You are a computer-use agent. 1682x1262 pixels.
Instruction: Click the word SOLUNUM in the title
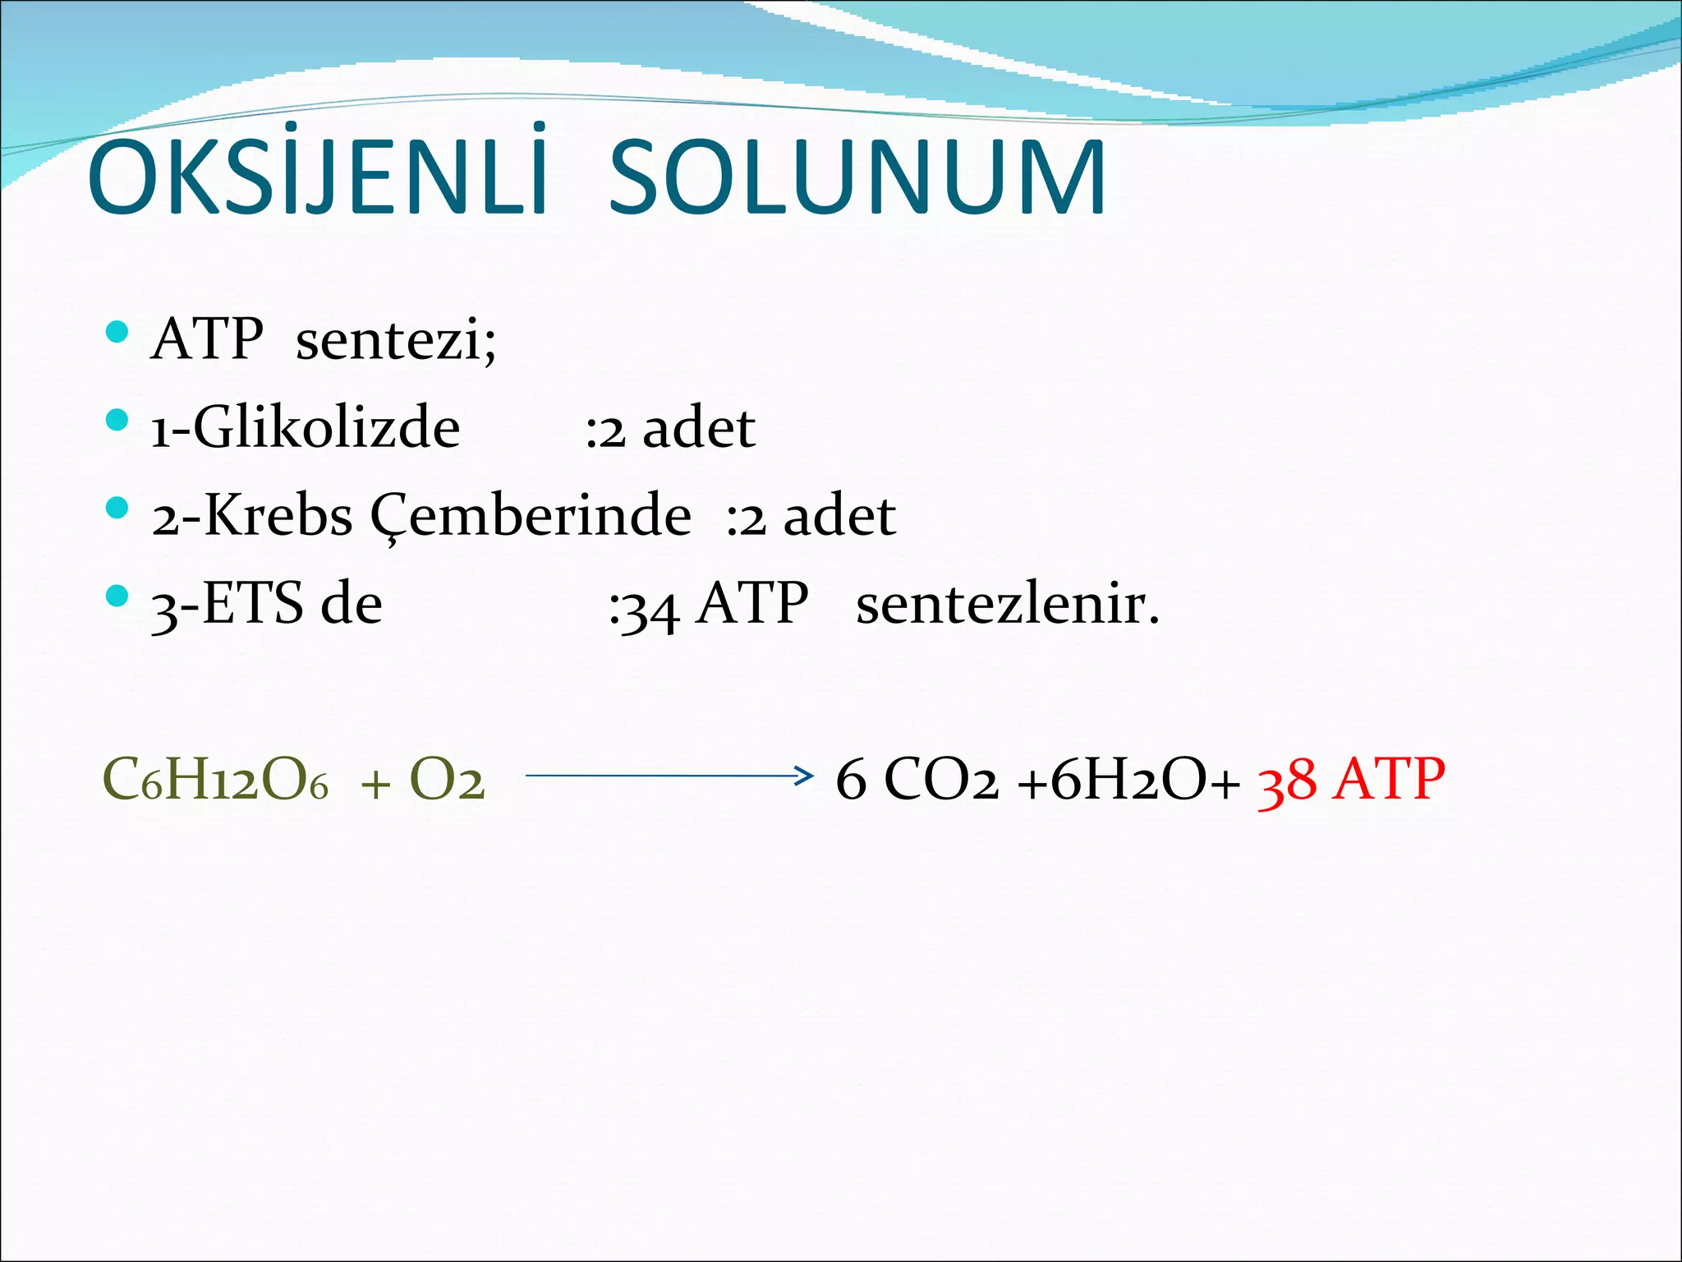point(857,178)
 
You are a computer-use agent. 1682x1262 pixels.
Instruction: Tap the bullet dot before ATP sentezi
point(118,332)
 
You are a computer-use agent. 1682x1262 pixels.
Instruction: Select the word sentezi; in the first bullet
point(396,340)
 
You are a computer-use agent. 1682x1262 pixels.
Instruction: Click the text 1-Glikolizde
point(306,428)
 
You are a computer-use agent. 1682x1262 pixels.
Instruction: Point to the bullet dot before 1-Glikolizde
point(118,421)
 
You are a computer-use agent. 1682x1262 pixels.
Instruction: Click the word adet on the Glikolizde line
point(699,428)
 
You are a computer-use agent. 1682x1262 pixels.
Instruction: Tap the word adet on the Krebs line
point(839,517)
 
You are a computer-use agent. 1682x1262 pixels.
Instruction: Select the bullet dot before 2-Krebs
point(118,508)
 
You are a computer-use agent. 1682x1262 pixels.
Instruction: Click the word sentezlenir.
point(1007,605)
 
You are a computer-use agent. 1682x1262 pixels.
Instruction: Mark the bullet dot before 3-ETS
point(118,596)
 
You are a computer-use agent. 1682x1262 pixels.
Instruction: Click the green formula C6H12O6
point(215,780)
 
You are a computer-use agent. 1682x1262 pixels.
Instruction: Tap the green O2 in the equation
point(447,780)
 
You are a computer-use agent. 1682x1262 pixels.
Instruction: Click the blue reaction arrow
point(669,775)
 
